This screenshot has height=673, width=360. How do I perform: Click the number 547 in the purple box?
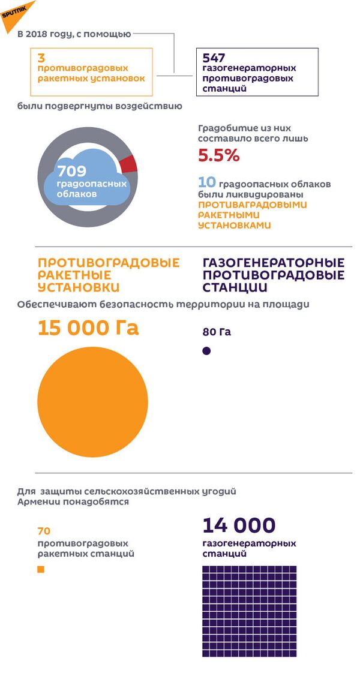pos(215,58)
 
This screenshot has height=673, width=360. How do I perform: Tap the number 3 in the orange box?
pos(41,58)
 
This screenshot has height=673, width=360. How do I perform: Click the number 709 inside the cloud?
pos(71,172)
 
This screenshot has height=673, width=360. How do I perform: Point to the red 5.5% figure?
pos(218,156)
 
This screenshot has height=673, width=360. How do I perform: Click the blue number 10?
pos(206,183)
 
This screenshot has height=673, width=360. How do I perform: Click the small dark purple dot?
pos(206,351)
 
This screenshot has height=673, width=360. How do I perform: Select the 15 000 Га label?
pos(88,328)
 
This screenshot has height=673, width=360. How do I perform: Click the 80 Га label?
pos(217,332)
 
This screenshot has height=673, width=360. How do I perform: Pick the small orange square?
pos(41,570)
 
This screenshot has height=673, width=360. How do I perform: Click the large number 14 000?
pos(239,525)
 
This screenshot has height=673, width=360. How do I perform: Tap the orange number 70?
pos(44,531)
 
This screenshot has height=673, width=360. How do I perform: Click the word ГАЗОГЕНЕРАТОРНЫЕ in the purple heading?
pos(274,263)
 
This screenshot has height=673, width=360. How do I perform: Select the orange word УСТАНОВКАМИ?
pos(235,226)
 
